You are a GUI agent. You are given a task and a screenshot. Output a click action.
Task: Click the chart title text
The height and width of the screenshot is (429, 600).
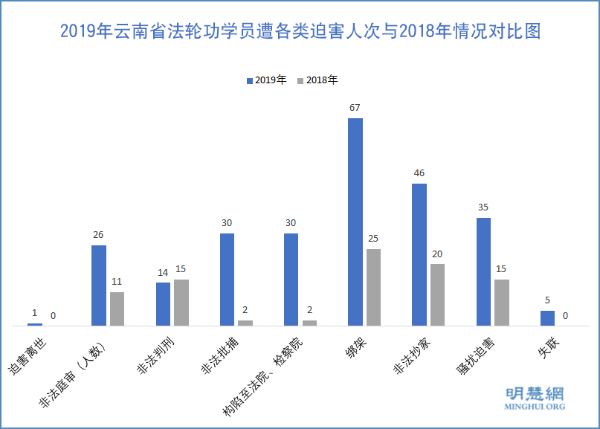(x=300, y=32)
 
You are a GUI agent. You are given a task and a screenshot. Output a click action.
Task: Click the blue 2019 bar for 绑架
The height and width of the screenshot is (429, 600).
(x=355, y=222)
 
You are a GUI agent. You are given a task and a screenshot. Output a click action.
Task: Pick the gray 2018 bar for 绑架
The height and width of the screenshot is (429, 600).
(x=373, y=287)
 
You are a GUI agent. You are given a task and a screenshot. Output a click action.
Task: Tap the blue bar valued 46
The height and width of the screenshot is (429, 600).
(x=419, y=254)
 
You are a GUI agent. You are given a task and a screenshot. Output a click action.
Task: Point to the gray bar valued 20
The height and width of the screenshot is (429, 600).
(x=437, y=294)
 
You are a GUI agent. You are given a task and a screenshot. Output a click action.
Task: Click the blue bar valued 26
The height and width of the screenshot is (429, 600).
(x=99, y=285)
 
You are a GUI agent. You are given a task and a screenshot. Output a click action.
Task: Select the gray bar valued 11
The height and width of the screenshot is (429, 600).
(x=117, y=309)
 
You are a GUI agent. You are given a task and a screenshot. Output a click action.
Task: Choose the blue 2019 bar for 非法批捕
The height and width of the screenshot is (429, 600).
(x=227, y=279)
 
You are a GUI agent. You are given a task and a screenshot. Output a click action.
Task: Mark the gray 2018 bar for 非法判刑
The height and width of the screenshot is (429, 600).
(x=181, y=302)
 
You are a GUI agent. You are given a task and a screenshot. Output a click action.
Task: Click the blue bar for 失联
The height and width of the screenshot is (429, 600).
(x=547, y=317)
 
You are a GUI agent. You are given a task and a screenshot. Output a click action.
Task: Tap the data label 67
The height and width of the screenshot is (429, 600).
(x=355, y=108)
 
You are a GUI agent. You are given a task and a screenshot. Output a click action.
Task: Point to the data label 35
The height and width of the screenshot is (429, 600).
(x=483, y=207)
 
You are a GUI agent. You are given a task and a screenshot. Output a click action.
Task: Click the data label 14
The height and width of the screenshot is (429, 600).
(x=163, y=272)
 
